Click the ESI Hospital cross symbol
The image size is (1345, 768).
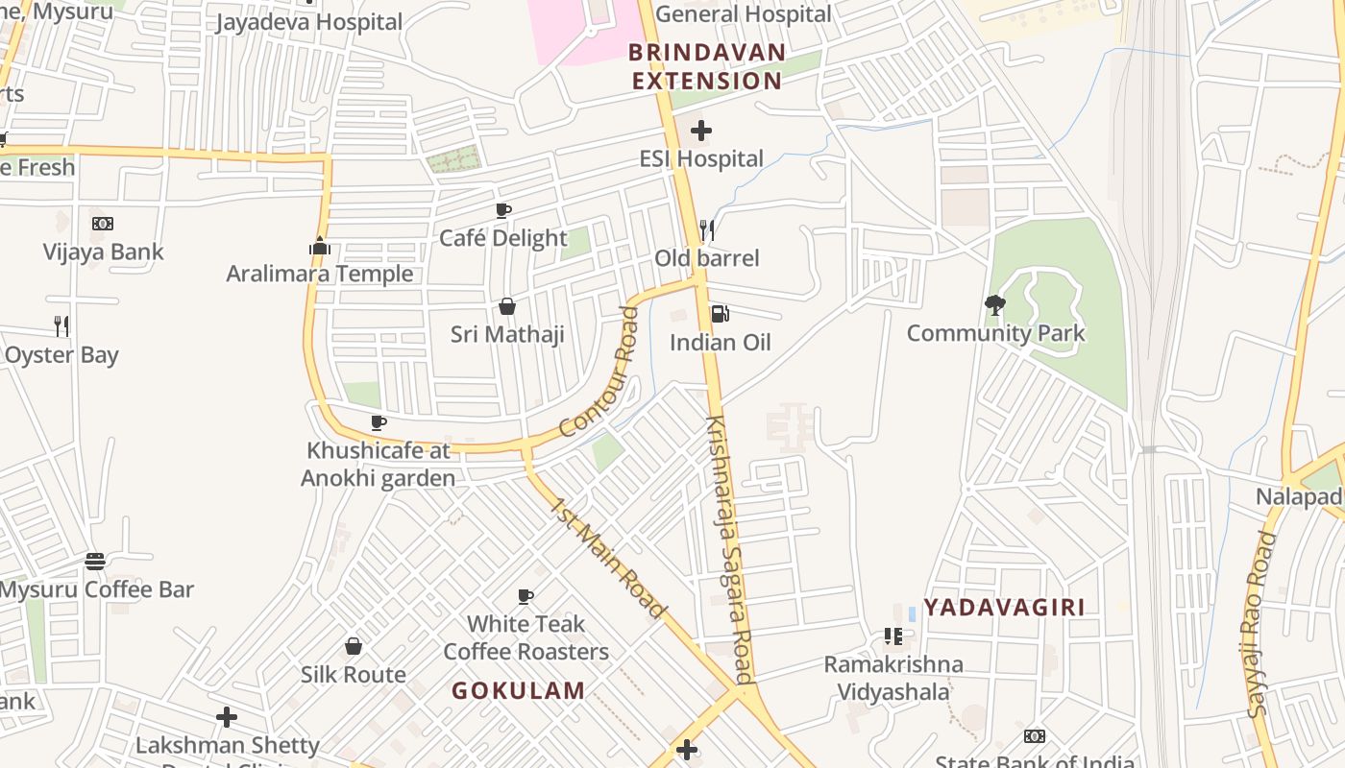tap(701, 131)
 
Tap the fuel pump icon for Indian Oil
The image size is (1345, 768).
tap(720, 314)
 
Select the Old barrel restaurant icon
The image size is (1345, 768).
tap(707, 229)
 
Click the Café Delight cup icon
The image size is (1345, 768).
tap(502, 210)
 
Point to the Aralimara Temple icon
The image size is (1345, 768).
tap(320, 247)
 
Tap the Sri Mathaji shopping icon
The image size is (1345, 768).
tap(507, 306)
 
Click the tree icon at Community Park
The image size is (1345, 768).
tap(995, 305)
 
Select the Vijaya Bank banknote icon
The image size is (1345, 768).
tap(103, 224)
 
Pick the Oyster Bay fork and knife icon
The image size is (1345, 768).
tap(61, 326)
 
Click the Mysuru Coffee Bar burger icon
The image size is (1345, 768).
tap(95, 561)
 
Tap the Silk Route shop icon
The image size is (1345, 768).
tap(354, 646)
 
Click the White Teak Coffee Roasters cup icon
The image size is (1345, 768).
tap(526, 596)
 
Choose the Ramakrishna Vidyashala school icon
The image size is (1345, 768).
tap(893, 636)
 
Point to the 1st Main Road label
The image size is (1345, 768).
tap(607, 558)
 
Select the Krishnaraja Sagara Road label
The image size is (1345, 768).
tap(730, 548)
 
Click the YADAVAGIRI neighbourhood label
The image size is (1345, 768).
tap(1004, 607)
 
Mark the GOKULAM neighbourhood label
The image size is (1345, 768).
tap(518, 690)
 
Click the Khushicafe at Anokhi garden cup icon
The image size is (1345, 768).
tap(379, 422)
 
